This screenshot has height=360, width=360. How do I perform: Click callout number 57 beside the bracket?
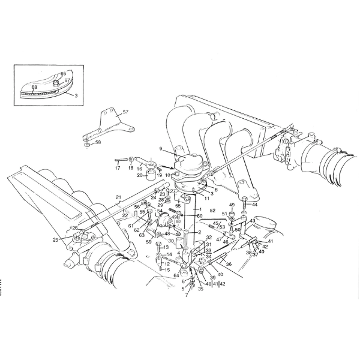coord(125,112)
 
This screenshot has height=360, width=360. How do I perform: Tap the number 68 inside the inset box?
coord(34,88)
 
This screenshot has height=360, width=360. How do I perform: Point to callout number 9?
coord(161,149)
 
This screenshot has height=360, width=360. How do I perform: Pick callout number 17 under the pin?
coord(118,169)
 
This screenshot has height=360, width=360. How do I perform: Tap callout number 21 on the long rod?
coord(118,197)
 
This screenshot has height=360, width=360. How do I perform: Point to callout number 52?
coord(212,211)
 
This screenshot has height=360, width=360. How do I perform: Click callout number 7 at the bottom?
coord(187,295)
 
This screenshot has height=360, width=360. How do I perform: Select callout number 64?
coord(168,275)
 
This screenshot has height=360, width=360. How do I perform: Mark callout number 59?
coord(149,242)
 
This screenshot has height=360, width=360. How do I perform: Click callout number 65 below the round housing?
coord(178,206)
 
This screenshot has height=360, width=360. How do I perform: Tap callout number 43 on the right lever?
coord(253,221)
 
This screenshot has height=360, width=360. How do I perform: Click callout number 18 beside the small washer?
coord(131,169)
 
